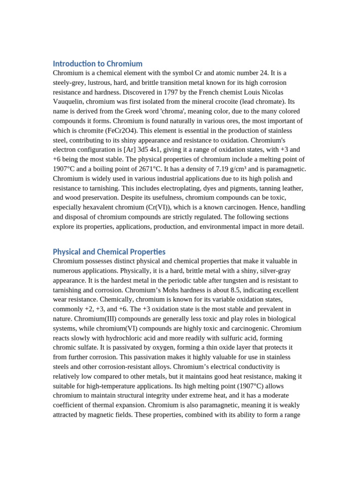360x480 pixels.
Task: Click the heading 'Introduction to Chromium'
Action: (97, 63)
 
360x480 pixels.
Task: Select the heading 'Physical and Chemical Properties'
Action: (109, 252)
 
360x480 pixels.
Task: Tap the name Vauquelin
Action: (68, 102)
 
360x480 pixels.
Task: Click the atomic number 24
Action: (262, 73)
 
